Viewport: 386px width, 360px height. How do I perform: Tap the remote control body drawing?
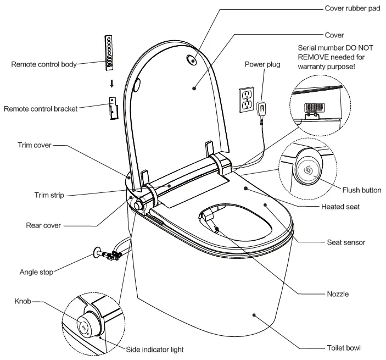coord(110,52)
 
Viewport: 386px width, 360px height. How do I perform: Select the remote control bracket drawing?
coord(112,107)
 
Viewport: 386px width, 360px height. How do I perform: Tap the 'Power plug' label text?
coord(262,64)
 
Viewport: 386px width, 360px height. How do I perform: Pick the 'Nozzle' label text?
coord(337,294)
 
